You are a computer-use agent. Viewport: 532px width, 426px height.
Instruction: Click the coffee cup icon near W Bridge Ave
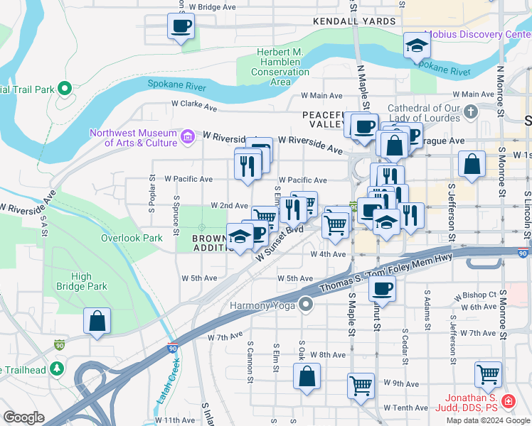(181, 27)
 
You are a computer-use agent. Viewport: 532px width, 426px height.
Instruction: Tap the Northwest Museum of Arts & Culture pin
(188, 136)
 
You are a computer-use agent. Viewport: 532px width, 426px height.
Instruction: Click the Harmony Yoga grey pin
(306, 305)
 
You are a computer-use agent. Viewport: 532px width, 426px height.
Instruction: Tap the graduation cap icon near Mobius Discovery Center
(417, 46)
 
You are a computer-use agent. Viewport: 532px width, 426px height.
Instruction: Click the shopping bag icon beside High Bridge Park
(97, 321)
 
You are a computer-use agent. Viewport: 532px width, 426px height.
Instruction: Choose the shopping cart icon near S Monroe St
(488, 373)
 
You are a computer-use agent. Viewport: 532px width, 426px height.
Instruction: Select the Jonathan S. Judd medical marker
(508, 402)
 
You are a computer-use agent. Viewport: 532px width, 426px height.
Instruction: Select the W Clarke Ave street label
(193, 104)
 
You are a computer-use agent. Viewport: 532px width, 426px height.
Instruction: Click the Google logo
(23, 417)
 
